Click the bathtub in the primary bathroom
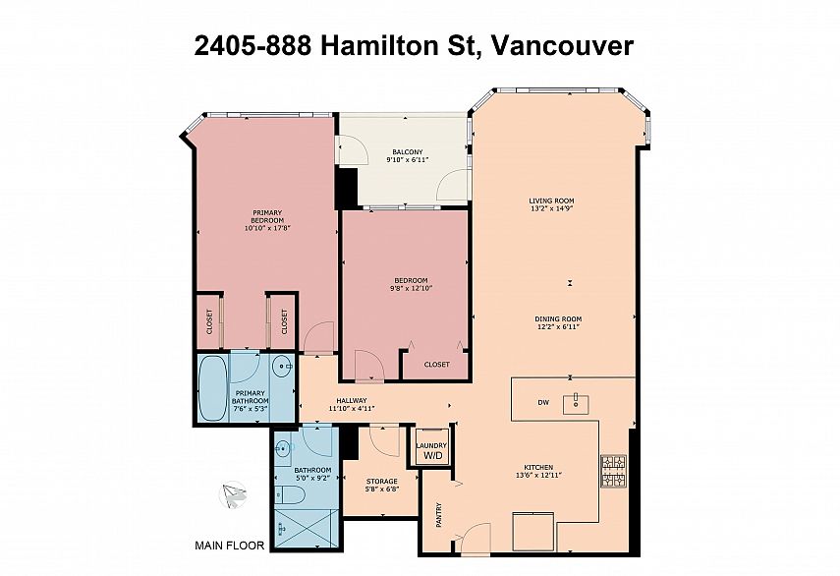[x=212, y=387]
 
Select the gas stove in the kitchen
[x=613, y=471]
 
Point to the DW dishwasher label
[x=543, y=402]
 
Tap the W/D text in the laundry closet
[x=433, y=455]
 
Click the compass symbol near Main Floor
[x=234, y=494]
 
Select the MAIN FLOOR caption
[x=229, y=546]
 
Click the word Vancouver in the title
[x=562, y=45]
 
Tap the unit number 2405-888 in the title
[x=252, y=45]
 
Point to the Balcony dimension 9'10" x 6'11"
[x=407, y=159]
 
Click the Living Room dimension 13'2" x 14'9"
[x=551, y=209]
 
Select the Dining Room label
[x=558, y=318]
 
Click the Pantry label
[x=439, y=515]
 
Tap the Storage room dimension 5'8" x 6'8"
[x=381, y=489]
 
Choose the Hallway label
[x=352, y=400]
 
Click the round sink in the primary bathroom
[x=281, y=367]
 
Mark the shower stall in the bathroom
[x=306, y=529]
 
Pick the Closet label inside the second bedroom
[x=436, y=365]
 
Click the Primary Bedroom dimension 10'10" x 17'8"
[x=267, y=228]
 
